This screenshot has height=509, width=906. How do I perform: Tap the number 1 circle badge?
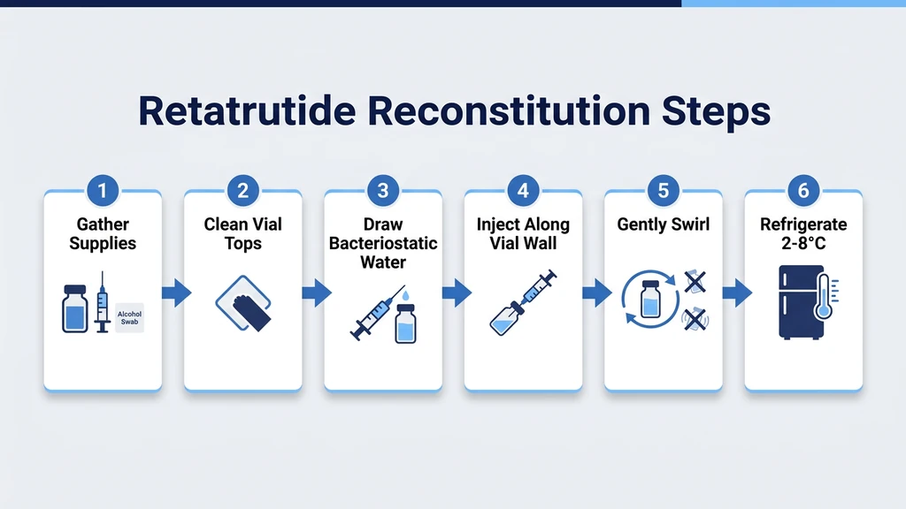coord(103,190)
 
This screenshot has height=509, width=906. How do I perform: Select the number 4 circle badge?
coord(523,190)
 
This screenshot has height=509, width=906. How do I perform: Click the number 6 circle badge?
coord(803,190)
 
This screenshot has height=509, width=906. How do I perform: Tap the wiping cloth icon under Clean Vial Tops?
coord(242,305)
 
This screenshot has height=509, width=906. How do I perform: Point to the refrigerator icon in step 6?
coord(795,301)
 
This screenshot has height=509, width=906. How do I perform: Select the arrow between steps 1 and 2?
coord(175,293)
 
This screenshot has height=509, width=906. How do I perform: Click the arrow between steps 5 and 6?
coord(735,293)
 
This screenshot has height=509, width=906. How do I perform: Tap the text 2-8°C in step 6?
coord(803,242)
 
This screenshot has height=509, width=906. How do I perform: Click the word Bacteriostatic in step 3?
coord(383,243)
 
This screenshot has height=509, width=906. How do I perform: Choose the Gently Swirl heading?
coord(663,224)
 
